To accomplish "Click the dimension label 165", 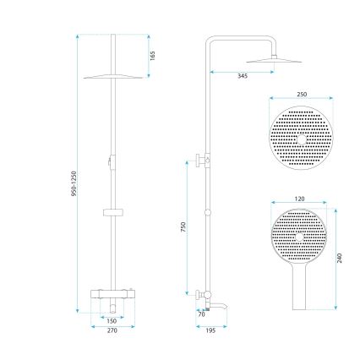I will pos(152,56).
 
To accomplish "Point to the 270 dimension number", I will pos(111,330).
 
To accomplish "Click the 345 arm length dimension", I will pos(242,77).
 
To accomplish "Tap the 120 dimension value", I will pos(300,198).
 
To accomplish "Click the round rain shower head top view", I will pos(301,139).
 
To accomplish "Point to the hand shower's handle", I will pos(301,292).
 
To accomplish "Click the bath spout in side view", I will pos(218,297).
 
